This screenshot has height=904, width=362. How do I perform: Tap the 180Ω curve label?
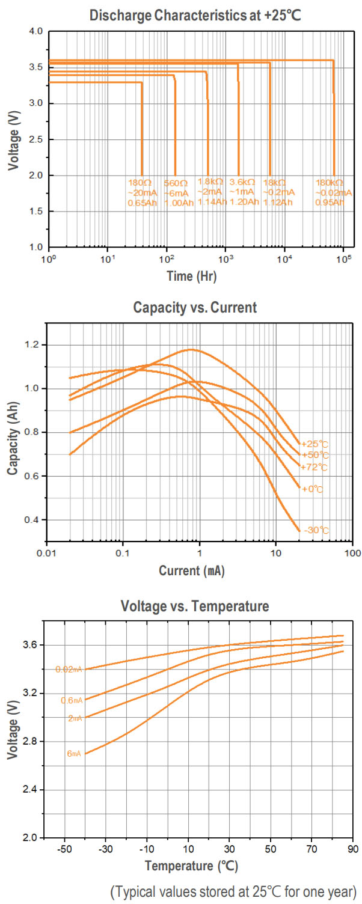click(x=137, y=182)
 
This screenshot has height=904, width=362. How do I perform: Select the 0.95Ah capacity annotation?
click(x=330, y=203)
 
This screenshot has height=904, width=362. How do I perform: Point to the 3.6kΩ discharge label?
click(x=242, y=182)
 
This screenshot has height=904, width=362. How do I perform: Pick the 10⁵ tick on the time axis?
click(x=343, y=259)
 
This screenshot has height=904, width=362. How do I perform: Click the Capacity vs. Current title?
click(x=194, y=308)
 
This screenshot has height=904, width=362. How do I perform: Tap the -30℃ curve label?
click(x=316, y=530)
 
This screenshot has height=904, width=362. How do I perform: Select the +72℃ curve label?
click(x=314, y=467)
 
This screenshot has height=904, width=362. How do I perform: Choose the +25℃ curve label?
click(x=314, y=444)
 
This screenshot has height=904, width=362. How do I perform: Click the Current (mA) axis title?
click(x=192, y=571)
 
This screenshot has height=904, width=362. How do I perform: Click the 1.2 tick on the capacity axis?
click(x=34, y=345)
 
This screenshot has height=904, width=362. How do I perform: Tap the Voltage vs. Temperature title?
click(x=195, y=606)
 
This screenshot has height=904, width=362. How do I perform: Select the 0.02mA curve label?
click(x=69, y=669)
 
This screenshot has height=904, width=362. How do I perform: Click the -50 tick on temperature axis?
click(x=64, y=849)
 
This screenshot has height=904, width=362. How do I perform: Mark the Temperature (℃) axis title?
click(x=191, y=866)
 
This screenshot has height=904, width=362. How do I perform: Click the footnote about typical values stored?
click(x=233, y=890)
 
